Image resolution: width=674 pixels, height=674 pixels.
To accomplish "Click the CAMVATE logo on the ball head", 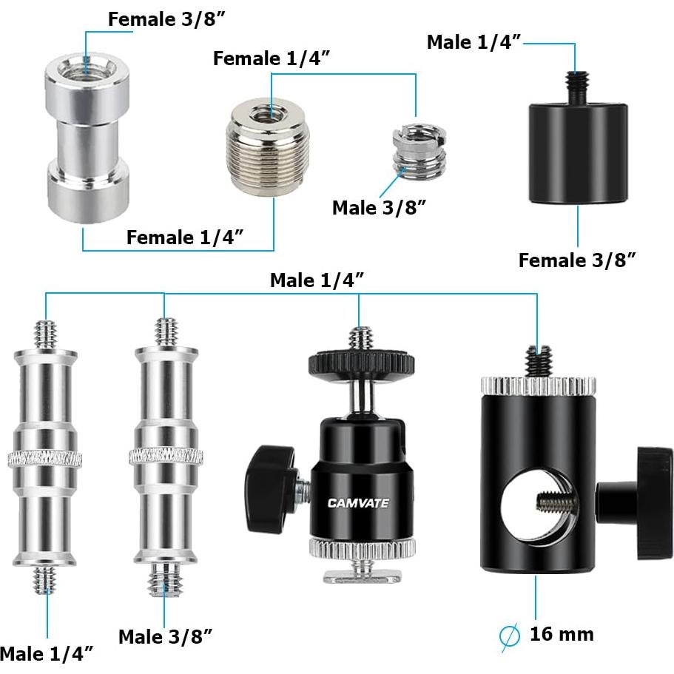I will click(358, 504).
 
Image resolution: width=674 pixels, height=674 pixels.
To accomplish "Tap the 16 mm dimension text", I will click(562, 634).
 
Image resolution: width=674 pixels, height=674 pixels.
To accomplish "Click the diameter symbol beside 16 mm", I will click(510, 636).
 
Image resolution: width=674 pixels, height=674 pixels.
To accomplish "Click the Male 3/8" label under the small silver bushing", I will click(380, 207).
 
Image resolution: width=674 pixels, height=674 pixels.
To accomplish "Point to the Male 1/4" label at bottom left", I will click(48, 653).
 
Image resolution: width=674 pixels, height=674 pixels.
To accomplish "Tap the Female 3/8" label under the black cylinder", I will click(577, 260).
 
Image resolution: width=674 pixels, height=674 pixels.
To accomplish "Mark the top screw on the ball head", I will click(360, 340).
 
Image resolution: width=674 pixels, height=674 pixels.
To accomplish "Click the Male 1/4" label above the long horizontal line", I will click(317, 280).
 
